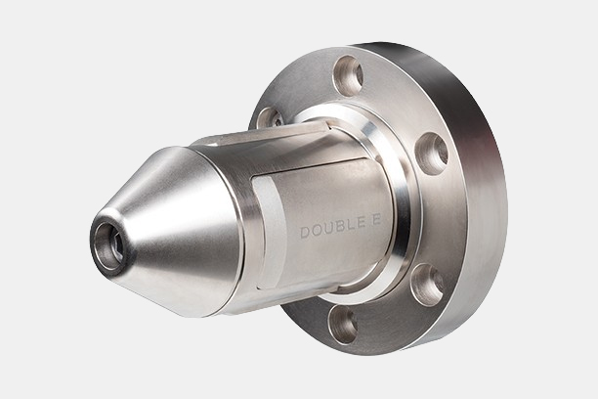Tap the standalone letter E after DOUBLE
click(376, 220)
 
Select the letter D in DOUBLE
click(305, 232)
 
